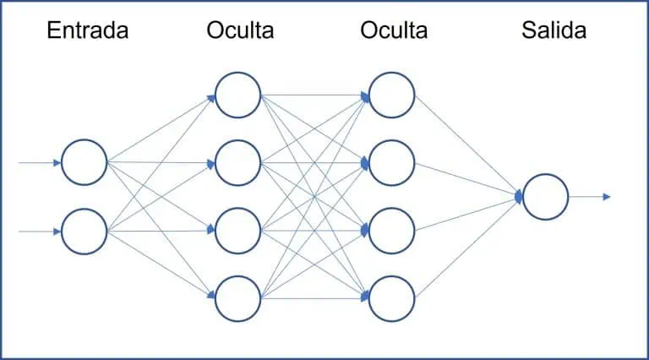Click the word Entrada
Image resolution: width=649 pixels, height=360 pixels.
[88, 31]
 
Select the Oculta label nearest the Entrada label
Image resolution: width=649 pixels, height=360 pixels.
[239, 31]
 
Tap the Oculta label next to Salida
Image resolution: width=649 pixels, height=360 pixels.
[394, 31]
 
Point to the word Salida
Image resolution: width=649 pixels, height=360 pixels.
[554, 31]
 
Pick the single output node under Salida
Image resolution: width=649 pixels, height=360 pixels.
[545, 197]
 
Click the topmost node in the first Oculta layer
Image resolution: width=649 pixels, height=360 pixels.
[238, 95]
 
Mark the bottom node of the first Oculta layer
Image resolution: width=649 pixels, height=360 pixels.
[238, 297]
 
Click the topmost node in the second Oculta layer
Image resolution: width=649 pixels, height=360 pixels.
[392, 95]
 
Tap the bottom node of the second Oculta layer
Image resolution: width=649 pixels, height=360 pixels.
[392, 297]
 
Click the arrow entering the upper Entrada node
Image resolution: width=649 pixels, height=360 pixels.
[39, 162]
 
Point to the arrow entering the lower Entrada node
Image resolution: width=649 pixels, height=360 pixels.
[39, 230]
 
